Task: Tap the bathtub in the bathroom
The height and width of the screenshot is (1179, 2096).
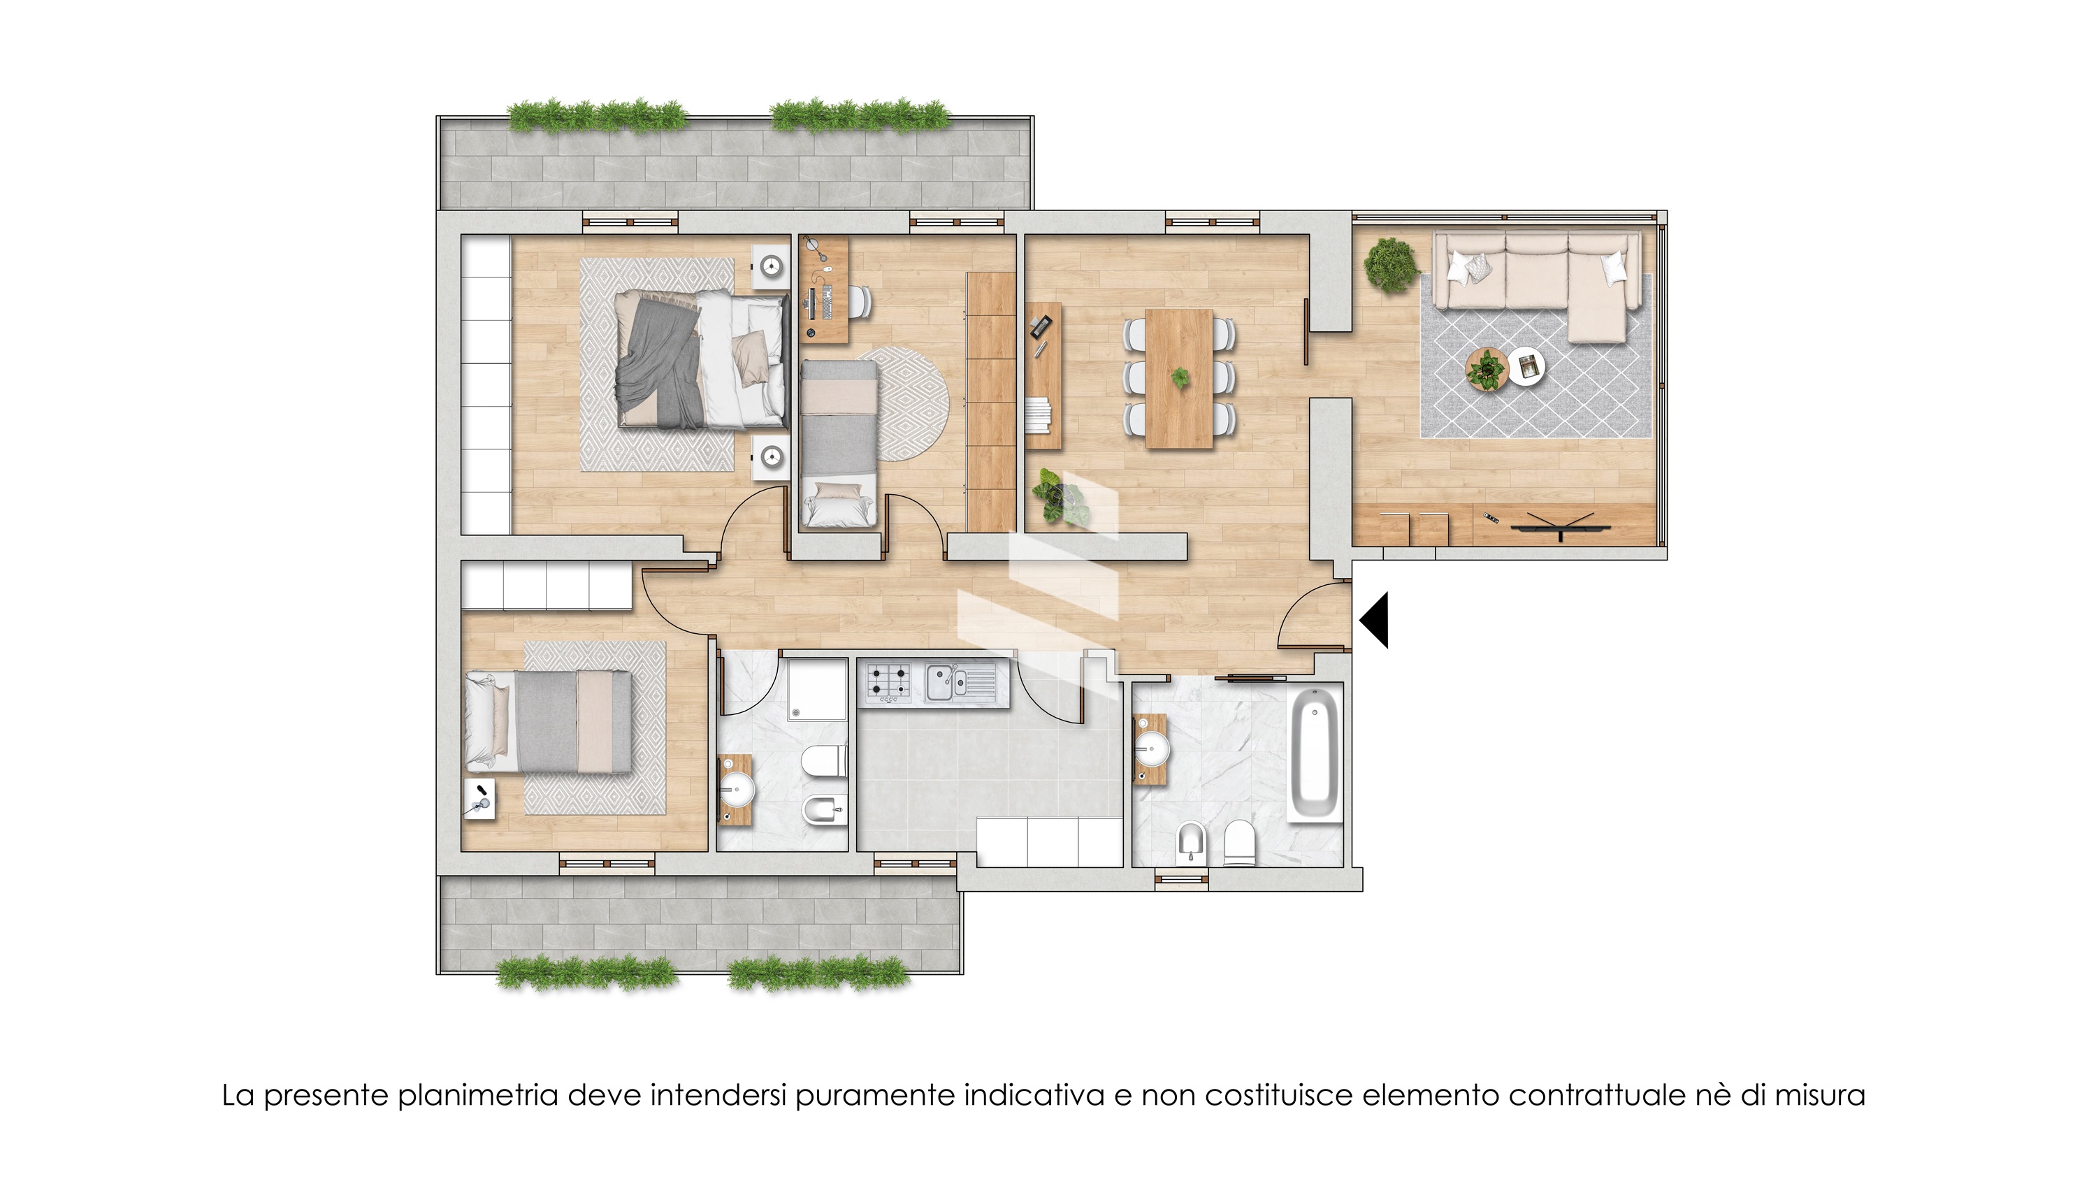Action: (1314, 754)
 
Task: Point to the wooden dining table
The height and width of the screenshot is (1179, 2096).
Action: (1179, 378)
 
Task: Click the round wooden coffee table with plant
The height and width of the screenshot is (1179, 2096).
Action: (1487, 370)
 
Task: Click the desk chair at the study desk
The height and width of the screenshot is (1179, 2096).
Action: (862, 303)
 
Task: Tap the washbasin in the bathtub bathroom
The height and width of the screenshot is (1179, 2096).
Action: (1151, 748)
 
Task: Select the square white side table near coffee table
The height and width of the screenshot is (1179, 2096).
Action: (1526, 367)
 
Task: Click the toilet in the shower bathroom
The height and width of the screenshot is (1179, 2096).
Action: (823, 762)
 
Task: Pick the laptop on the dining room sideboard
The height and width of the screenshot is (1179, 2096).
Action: (1039, 328)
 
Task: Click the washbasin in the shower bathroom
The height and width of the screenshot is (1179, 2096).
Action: (739, 788)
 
